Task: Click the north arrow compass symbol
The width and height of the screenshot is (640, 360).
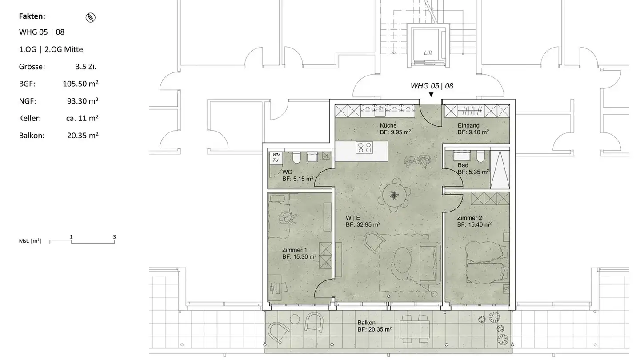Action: pos(91,17)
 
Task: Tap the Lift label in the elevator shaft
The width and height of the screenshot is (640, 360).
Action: pos(428,53)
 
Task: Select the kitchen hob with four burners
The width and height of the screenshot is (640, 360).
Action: pos(364,148)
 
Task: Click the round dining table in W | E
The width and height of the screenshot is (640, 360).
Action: pos(395,196)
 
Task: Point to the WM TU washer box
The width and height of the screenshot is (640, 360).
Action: pos(276,157)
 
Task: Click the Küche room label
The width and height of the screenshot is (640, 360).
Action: pos(388,125)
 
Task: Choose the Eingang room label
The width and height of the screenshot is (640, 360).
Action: pos(468,125)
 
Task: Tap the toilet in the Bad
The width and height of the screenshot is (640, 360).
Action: pos(481,156)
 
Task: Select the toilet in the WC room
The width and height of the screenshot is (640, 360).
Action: pos(296,157)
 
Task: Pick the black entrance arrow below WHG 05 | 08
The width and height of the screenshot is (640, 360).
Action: pos(431,95)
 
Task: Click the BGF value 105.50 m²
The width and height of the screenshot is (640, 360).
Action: pos(80,84)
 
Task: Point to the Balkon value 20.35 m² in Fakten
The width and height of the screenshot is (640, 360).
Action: pos(83,135)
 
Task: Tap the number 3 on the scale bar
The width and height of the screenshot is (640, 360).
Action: pos(114,237)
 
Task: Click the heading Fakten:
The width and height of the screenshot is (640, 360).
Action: pos(32,16)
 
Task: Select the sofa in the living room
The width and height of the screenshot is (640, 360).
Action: pos(431,264)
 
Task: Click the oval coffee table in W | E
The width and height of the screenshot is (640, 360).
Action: pos(402,260)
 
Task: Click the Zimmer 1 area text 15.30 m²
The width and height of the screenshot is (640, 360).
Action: pos(299,256)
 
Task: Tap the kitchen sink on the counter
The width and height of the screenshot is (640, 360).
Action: pos(380,112)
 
